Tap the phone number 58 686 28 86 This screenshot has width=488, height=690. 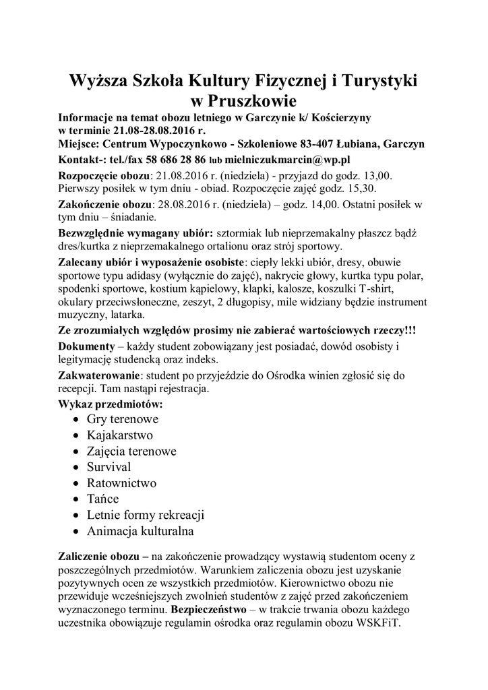173,160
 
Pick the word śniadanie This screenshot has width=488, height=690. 131,217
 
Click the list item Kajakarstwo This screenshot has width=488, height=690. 119,435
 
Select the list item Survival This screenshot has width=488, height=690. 109,466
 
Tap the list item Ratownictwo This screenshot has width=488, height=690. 121,482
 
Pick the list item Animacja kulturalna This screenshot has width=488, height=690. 140,531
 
